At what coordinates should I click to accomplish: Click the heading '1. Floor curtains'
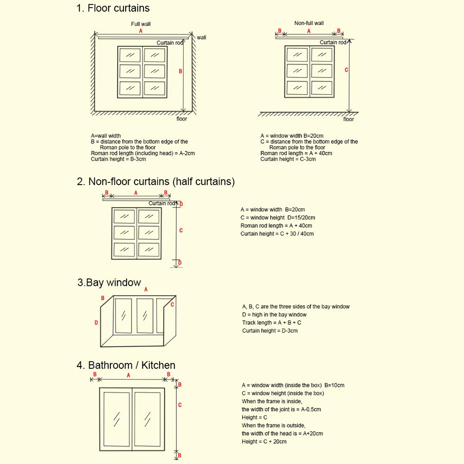(x=113, y=8)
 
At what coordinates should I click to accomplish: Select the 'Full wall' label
(x=141, y=24)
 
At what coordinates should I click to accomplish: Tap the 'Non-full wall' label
(x=309, y=23)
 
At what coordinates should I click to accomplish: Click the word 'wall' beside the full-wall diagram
(x=201, y=38)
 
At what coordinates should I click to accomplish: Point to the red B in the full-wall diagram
(x=180, y=71)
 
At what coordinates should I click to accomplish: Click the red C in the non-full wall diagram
(x=346, y=70)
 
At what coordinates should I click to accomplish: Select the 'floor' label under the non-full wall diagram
(x=348, y=119)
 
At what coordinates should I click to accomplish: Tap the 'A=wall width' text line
(x=106, y=136)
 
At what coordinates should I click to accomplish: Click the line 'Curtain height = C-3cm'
(x=288, y=159)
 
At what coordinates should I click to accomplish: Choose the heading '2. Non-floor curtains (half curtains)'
(x=156, y=181)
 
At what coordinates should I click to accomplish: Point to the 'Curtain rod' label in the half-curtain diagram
(x=161, y=203)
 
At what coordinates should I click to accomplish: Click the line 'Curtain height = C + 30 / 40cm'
(x=277, y=234)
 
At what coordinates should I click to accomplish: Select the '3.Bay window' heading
(x=109, y=283)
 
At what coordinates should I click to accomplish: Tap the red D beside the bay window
(x=96, y=322)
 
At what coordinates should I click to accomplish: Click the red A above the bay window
(x=146, y=290)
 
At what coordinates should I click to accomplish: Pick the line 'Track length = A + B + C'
(x=271, y=322)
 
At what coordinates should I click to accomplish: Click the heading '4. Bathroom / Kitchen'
(x=126, y=366)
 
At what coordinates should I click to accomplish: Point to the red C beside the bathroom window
(x=180, y=405)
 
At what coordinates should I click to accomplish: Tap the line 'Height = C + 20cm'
(x=264, y=441)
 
